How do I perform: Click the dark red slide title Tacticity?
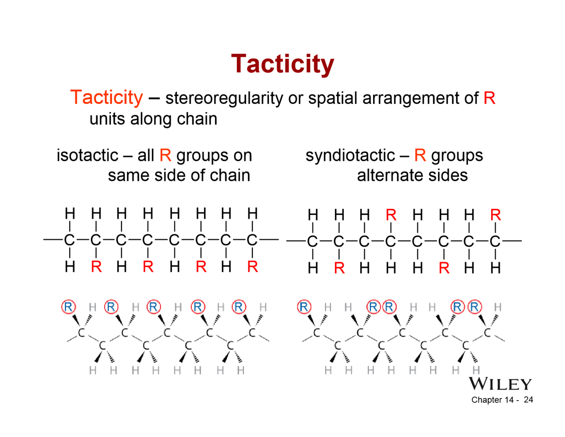pos(282,64)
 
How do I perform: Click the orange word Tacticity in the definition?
pos(107,97)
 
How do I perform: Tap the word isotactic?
pos(87,156)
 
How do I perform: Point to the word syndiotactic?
pos(350,156)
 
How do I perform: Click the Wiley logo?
pos(500,384)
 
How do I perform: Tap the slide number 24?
pos(528,400)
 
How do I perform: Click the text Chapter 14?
pos(492,400)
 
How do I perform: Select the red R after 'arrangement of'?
pos(489,98)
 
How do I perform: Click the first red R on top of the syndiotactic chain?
pos(391,215)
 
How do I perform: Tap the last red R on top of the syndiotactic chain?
pos(495,215)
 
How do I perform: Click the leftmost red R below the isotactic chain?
pos(96,267)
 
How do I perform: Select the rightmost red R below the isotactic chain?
pos(252,267)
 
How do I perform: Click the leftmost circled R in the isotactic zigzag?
pos(68,306)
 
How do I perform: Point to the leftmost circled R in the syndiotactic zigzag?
pos(304,306)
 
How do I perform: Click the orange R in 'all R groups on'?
pos(165,156)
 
